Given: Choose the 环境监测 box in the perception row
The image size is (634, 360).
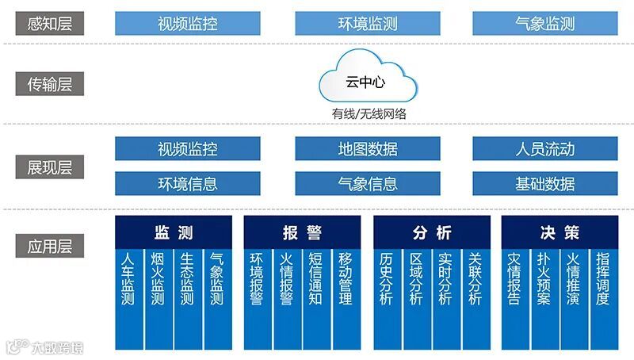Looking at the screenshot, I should point(367,24).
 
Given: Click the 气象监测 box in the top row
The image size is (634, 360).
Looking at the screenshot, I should point(544,24).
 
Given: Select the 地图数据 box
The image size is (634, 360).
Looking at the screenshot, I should point(367,148).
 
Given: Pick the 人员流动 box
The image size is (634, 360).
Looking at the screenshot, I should point(544,148).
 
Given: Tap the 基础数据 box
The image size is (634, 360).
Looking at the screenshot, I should point(544,184).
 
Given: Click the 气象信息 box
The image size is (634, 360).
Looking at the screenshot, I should point(367,184).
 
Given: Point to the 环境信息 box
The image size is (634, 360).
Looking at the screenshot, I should point(187,184).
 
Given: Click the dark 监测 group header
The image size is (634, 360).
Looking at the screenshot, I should point(174,232).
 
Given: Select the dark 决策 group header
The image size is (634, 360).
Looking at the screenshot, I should point(560,232).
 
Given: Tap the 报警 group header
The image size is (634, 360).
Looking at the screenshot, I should point(302,232).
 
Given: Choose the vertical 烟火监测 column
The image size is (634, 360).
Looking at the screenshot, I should point(158,281).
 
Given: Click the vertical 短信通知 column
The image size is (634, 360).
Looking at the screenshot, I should point(315,281).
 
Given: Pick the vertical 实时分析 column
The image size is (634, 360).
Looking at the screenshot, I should point(445,281).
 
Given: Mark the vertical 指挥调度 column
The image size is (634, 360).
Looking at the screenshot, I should point(603,281).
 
